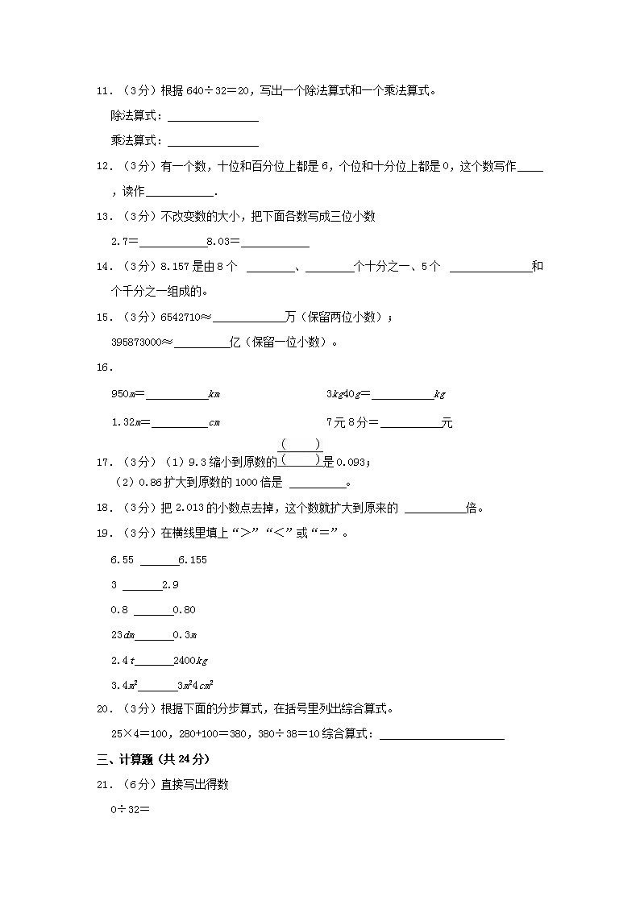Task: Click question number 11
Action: (103, 91)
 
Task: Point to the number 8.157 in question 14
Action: (176, 267)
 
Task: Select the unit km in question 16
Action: (214, 395)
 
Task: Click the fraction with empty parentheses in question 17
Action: (300, 452)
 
